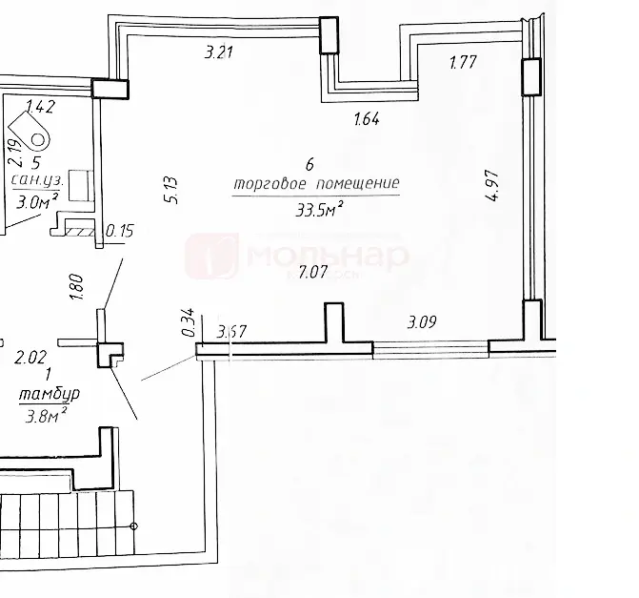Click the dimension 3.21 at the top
[221, 53]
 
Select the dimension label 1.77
[464, 64]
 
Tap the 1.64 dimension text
[367, 119]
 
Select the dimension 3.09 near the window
[423, 321]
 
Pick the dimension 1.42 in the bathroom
[40, 106]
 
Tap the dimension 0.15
[121, 230]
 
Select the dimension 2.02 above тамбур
[30, 359]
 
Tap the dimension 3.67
[232, 332]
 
